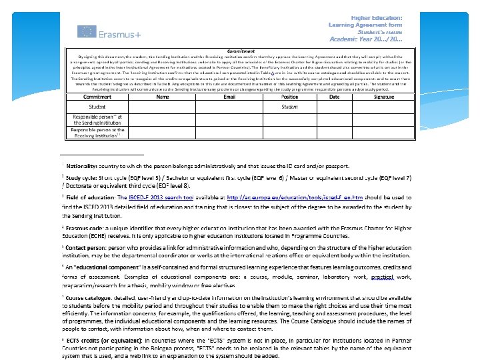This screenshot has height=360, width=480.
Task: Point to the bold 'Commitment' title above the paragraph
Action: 241,51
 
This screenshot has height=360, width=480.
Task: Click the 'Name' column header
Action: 162,97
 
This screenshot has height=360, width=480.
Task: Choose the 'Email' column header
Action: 229,97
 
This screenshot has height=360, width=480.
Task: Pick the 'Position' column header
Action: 289,97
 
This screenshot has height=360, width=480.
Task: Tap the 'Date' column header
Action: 334,97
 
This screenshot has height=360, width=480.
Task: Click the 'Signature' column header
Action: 383,97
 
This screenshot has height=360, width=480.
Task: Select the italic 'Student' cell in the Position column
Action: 289,107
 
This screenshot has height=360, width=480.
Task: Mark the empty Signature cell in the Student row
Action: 383,107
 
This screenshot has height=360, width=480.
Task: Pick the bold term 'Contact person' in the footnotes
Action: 86,248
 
